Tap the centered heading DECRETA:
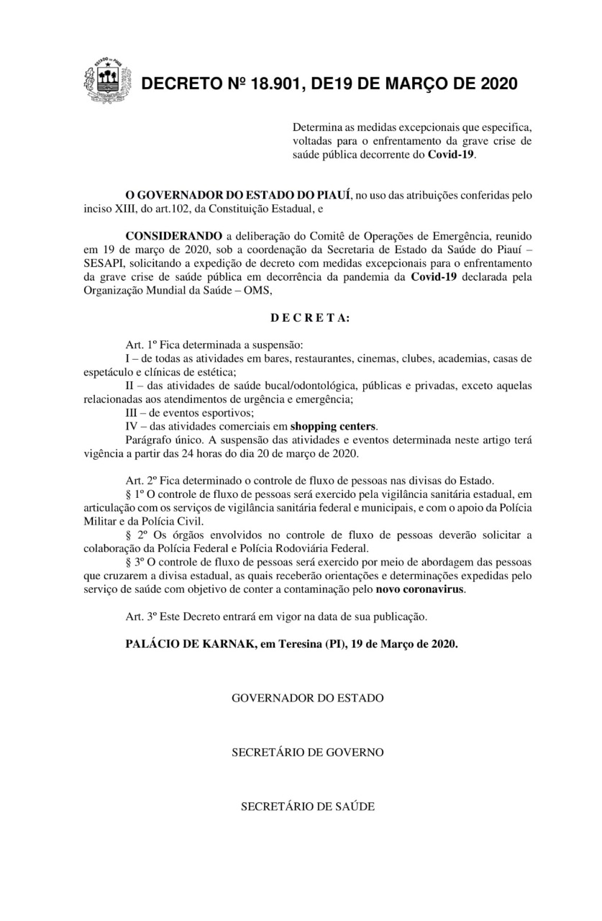click(310, 317)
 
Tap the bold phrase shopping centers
click(339, 427)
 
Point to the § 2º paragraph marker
click(134, 536)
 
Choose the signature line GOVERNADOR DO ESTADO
click(307, 699)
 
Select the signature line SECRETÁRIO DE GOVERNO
click(307, 753)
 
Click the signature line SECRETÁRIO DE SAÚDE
click(307, 807)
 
